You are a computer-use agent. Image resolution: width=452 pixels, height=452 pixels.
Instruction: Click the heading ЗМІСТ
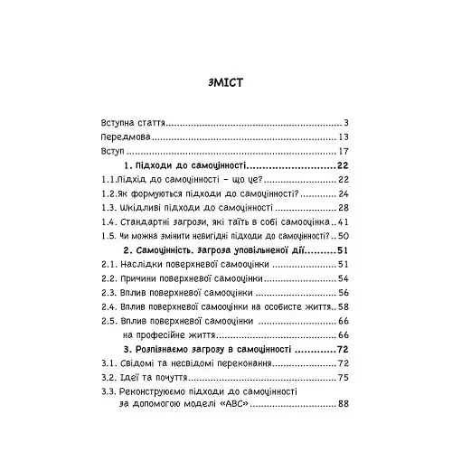click(x=226, y=81)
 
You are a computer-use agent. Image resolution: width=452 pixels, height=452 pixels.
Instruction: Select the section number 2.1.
click(x=108, y=265)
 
